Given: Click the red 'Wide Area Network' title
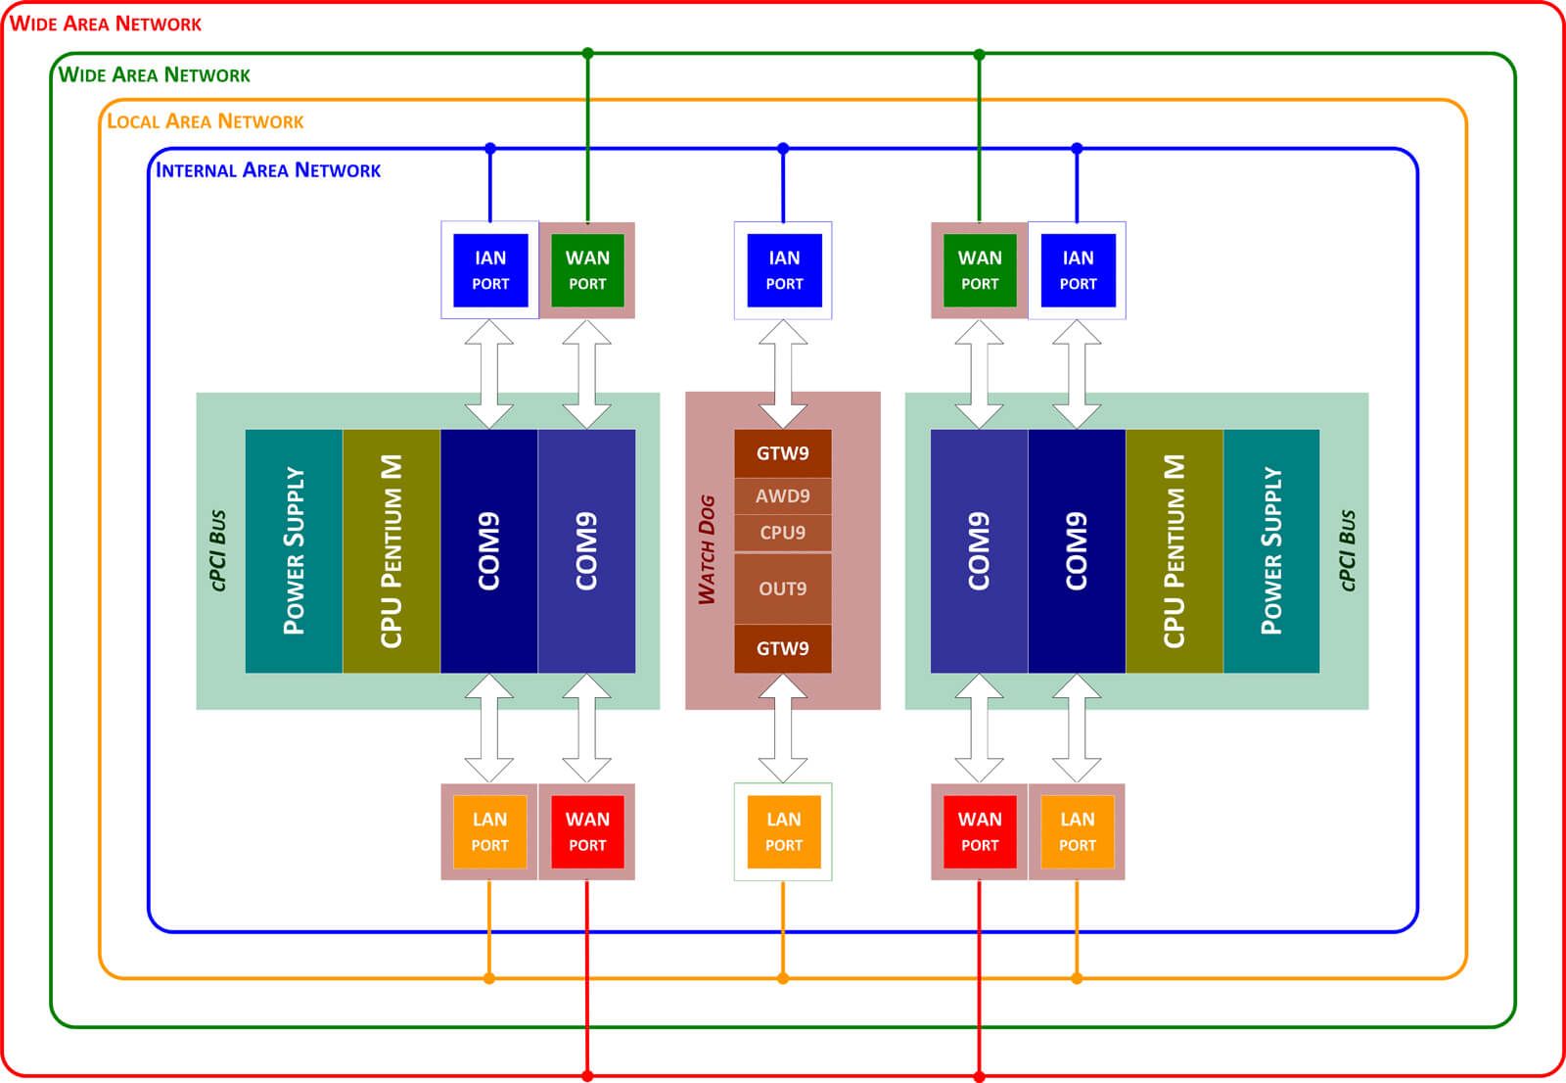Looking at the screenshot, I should (x=106, y=24).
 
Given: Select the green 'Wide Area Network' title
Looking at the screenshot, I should (x=155, y=75).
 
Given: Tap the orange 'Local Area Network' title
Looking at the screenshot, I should (x=206, y=121).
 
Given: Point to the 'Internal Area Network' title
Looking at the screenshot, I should (x=268, y=170).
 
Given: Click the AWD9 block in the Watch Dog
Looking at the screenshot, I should (x=782, y=495).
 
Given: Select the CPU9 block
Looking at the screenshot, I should (x=782, y=533).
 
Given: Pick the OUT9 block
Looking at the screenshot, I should (x=782, y=589).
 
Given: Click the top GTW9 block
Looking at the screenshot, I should (x=782, y=453).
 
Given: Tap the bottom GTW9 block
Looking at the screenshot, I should (x=782, y=648).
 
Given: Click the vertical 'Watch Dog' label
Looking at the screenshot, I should (x=707, y=549).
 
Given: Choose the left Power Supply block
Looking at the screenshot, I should (x=294, y=550).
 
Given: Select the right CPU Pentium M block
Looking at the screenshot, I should (x=1174, y=550).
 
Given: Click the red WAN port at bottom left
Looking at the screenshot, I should (x=587, y=831).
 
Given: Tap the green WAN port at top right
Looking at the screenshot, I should (x=979, y=270).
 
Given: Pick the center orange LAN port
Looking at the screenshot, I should (x=783, y=831).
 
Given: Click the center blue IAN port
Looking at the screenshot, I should (x=783, y=270).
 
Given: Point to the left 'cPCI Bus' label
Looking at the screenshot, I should (x=218, y=549).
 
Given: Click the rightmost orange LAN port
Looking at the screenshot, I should (x=1077, y=831).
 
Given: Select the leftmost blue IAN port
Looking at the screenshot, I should (x=490, y=270).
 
